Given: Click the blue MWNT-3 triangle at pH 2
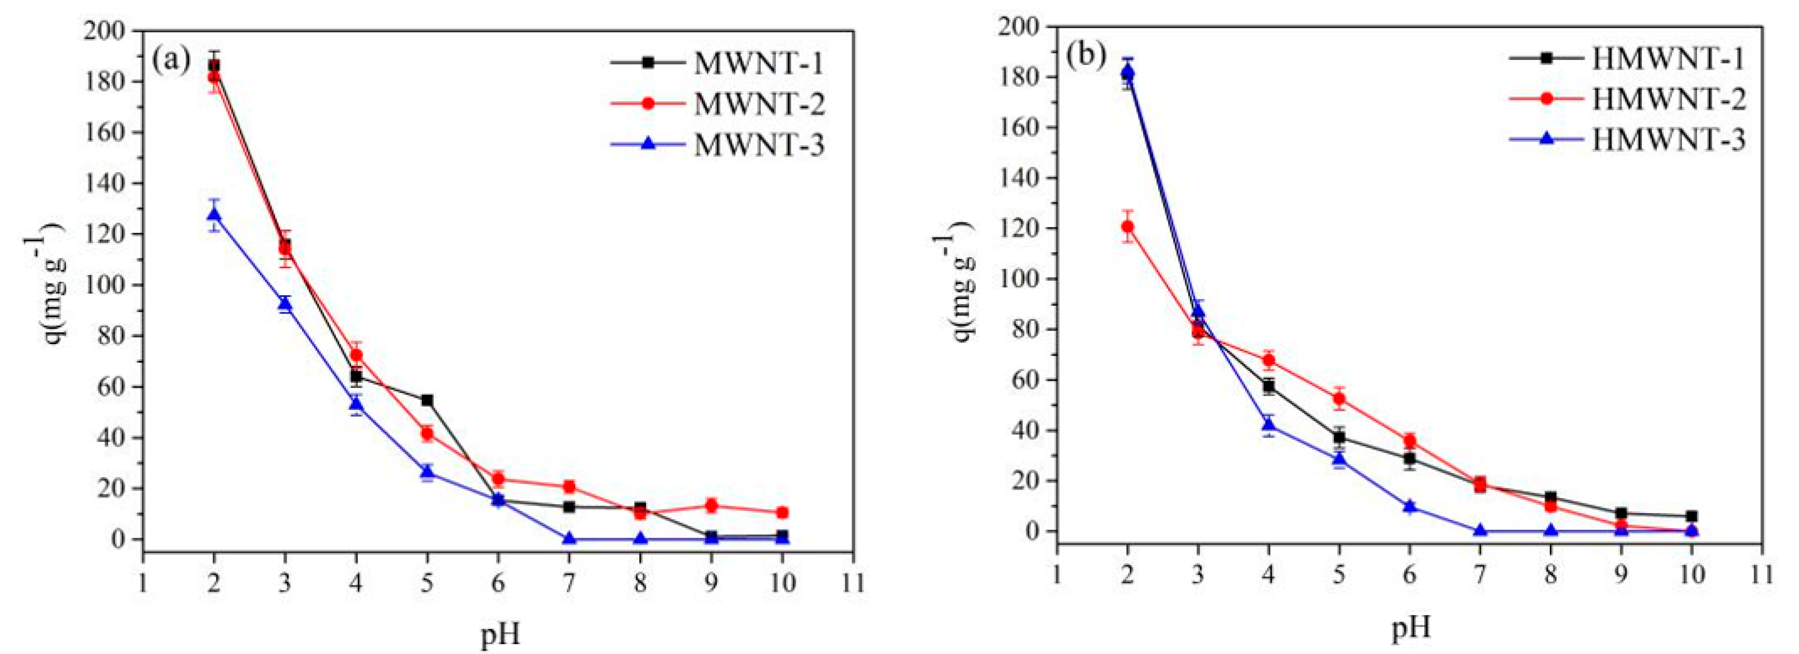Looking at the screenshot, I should (x=214, y=215).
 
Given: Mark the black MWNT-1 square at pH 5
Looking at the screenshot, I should (x=426, y=400).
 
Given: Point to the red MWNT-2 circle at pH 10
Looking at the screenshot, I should (x=782, y=512).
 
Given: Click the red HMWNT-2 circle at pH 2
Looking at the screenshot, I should (x=1127, y=226).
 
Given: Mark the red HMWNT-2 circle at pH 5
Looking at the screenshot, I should (x=1339, y=399).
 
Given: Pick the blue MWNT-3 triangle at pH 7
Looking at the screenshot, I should (x=568, y=538).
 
